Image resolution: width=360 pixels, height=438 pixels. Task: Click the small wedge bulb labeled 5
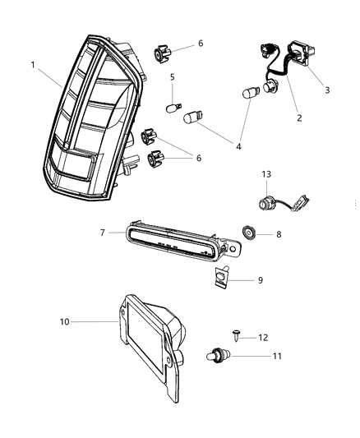(x=174, y=108)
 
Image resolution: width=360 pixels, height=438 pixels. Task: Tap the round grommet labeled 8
(x=247, y=234)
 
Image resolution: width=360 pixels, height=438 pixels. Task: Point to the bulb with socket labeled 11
(x=213, y=357)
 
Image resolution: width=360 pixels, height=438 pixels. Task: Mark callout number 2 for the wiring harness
(x=299, y=118)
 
